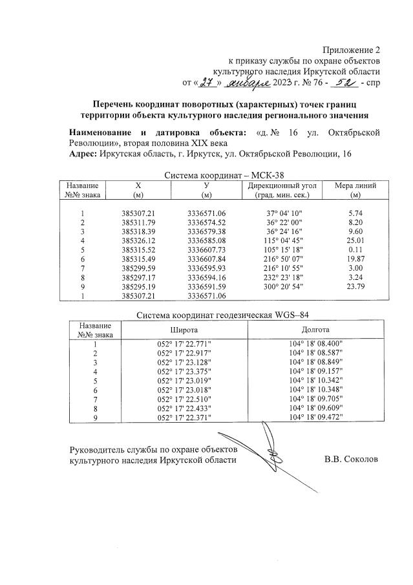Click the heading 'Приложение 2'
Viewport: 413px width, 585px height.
pyautogui.click(x=352, y=50)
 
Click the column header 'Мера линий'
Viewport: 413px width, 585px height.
pyautogui.click(x=354, y=186)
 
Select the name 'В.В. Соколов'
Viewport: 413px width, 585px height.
pyautogui.click(x=351, y=460)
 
